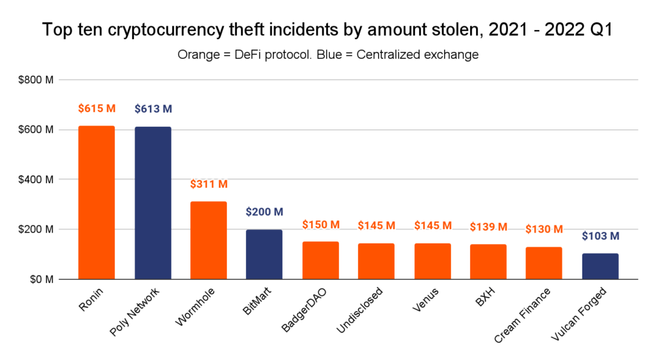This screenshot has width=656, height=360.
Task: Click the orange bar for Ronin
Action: click(96, 202)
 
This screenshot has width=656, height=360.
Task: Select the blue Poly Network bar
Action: click(152, 203)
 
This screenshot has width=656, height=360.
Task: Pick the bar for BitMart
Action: click(265, 254)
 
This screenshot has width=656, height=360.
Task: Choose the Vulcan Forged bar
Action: click(600, 266)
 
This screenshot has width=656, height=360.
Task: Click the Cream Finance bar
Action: click(545, 263)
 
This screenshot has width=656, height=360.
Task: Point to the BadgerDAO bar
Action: click(320, 261)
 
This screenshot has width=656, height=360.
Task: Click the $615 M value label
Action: click(97, 109)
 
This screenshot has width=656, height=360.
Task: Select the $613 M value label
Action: click(153, 109)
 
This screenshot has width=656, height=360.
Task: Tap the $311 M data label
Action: click(209, 184)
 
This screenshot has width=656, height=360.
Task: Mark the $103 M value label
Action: click(601, 236)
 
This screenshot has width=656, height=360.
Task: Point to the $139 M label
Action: click(489, 227)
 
